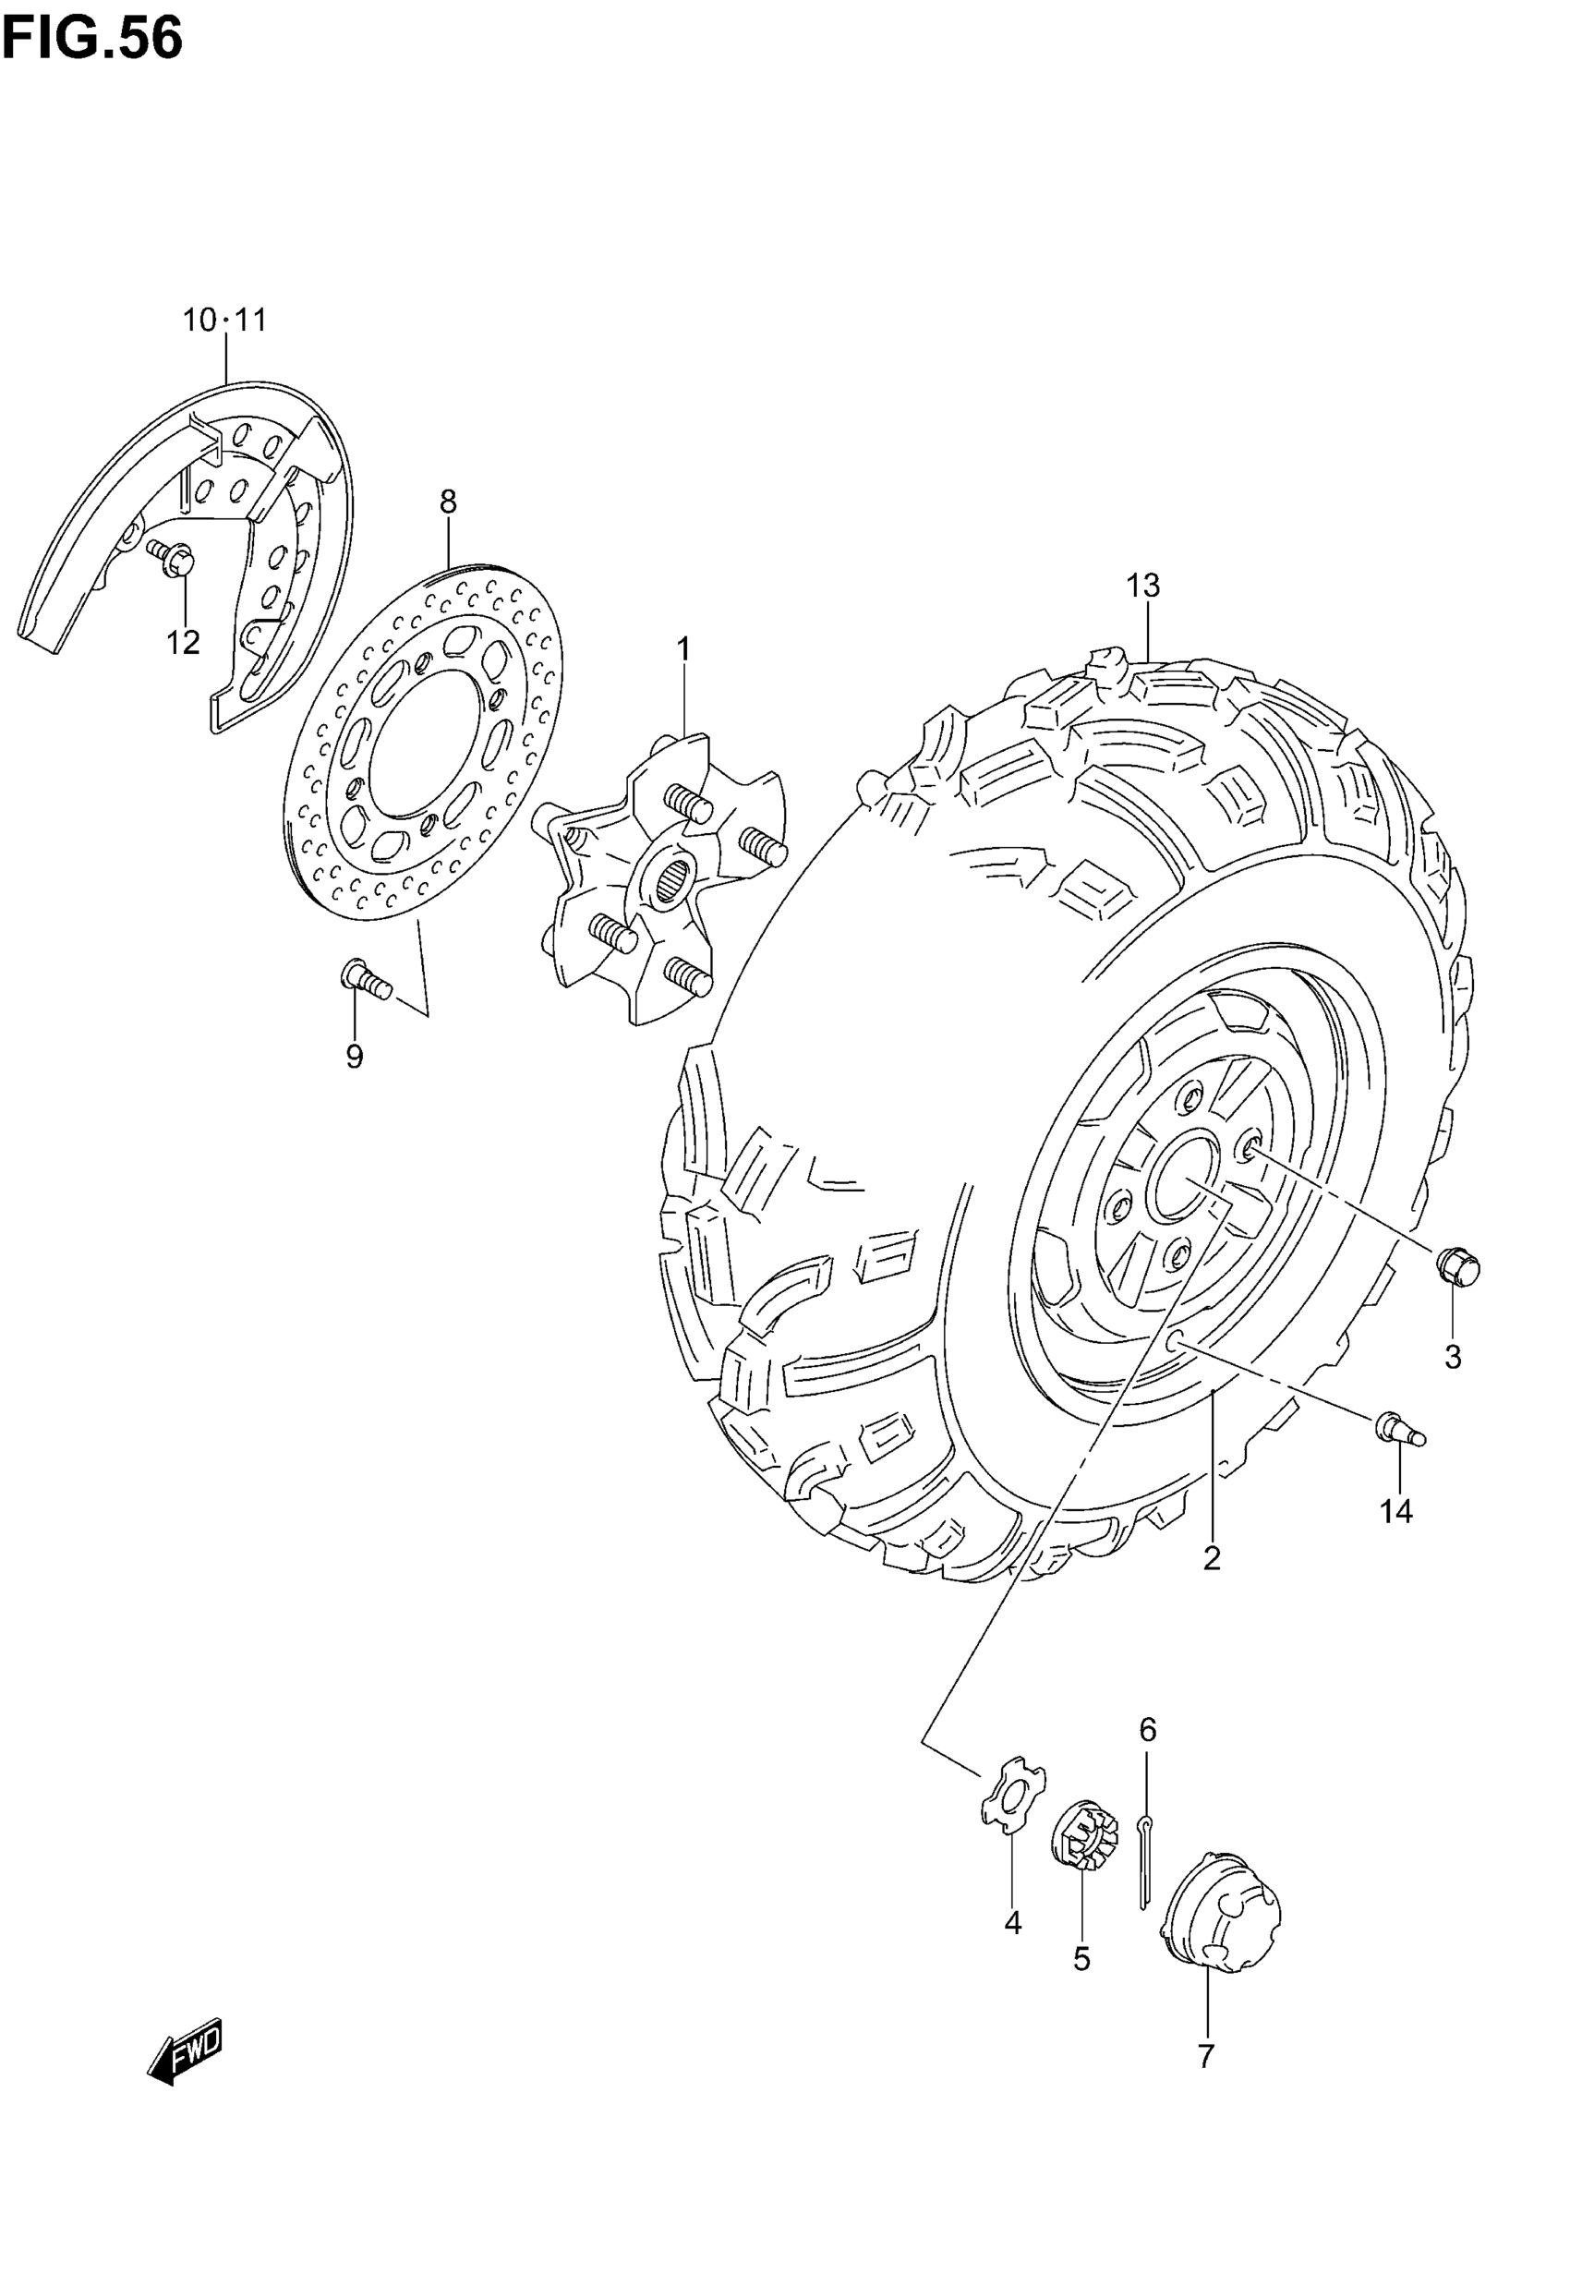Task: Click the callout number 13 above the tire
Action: pyautogui.click(x=1143, y=587)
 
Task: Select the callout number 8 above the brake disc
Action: pyautogui.click(x=448, y=502)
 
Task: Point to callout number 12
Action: pyautogui.click(x=183, y=642)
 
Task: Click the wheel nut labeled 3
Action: pyautogui.click(x=1457, y=1264)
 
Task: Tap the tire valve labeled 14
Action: pyautogui.click(x=1401, y=1426)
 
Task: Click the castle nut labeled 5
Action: pyautogui.click(x=1083, y=1835)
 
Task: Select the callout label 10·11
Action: pyautogui.click(x=224, y=320)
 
